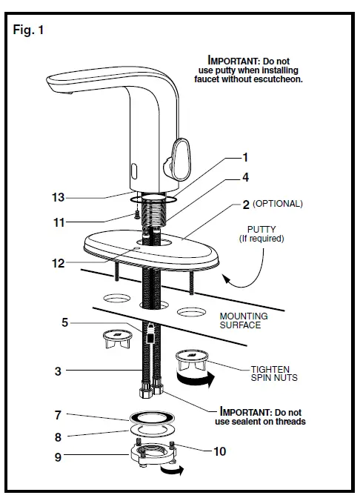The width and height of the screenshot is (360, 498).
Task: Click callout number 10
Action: click(x=220, y=451)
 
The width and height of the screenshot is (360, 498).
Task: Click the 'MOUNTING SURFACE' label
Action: click(x=244, y=320)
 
